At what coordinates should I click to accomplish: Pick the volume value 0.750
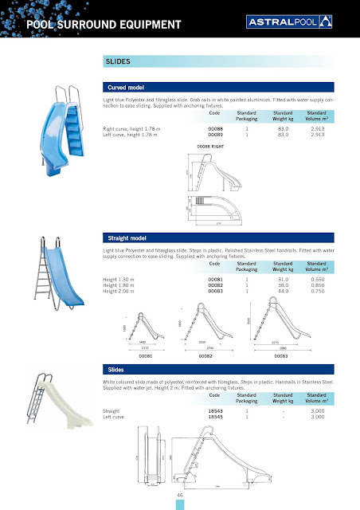(317, 291)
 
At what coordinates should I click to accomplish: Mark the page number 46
(181, 496)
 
